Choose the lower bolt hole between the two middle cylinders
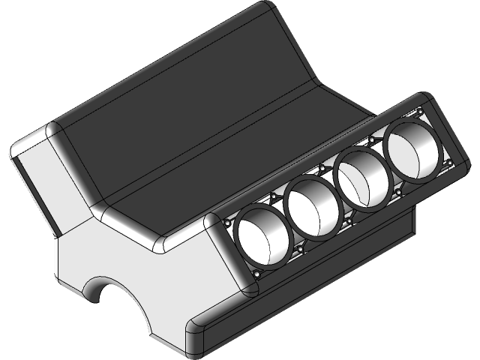(x=349, y=220)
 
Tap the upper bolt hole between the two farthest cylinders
(x=370, y=140)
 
